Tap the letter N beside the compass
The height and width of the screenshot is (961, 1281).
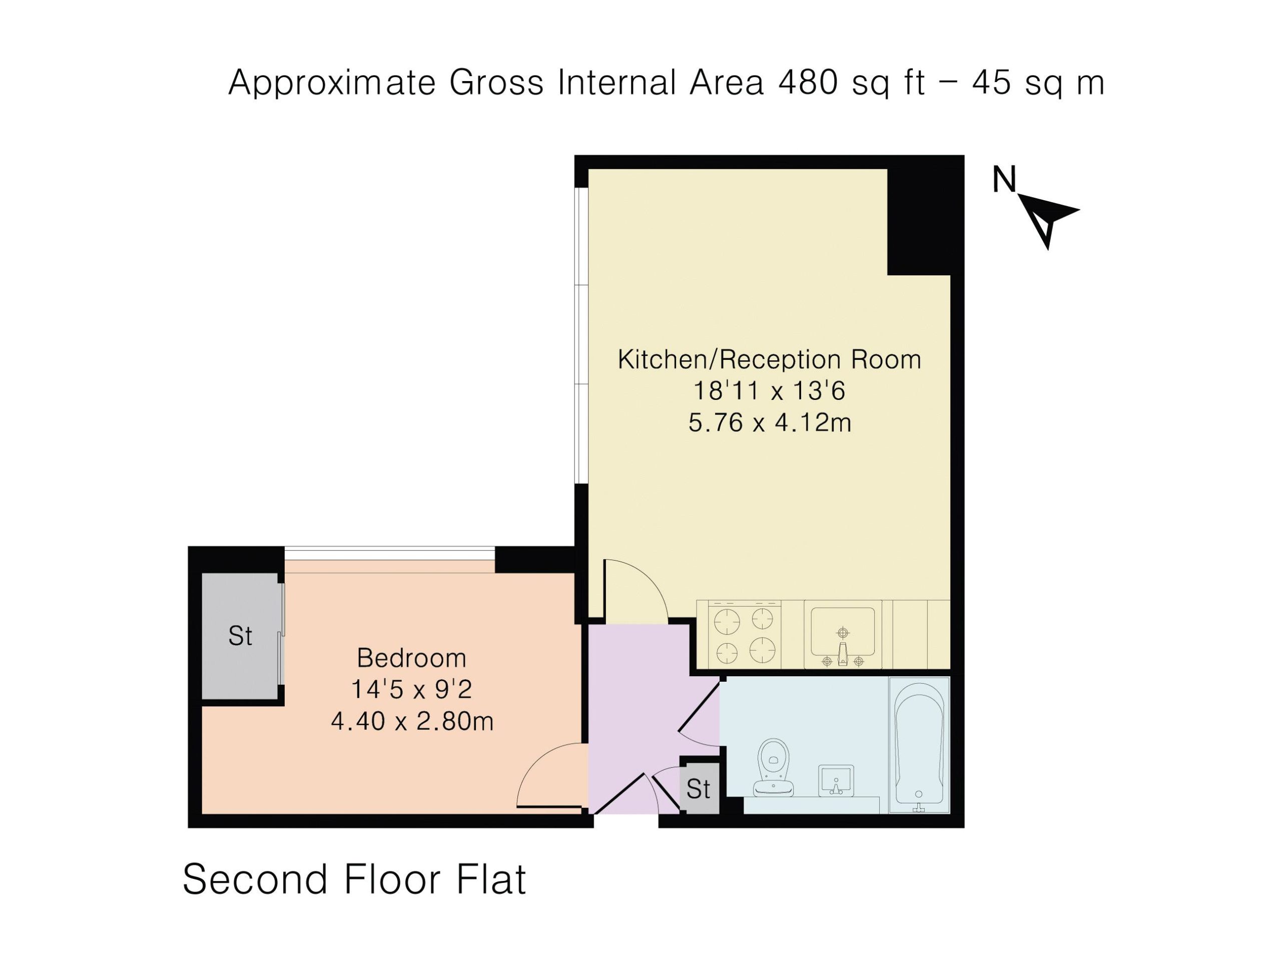[x=1005, y=180]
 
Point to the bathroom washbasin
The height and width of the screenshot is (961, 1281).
[x=836, y=780]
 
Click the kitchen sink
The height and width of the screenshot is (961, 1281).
[x=843, y=636]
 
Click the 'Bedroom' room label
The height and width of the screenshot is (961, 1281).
[x=412, y=658]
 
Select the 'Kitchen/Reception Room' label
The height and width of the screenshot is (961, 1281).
[x=770, y=360]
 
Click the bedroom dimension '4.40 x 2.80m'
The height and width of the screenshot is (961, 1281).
[x=412, y=722]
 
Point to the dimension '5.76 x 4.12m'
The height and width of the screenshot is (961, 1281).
[x=770, y=423]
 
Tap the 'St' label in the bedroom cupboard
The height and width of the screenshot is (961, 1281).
[x=240, y=637]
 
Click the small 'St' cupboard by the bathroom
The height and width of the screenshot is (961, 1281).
[x=699, y=788]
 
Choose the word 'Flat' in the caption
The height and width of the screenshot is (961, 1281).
[x=492, y=879]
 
